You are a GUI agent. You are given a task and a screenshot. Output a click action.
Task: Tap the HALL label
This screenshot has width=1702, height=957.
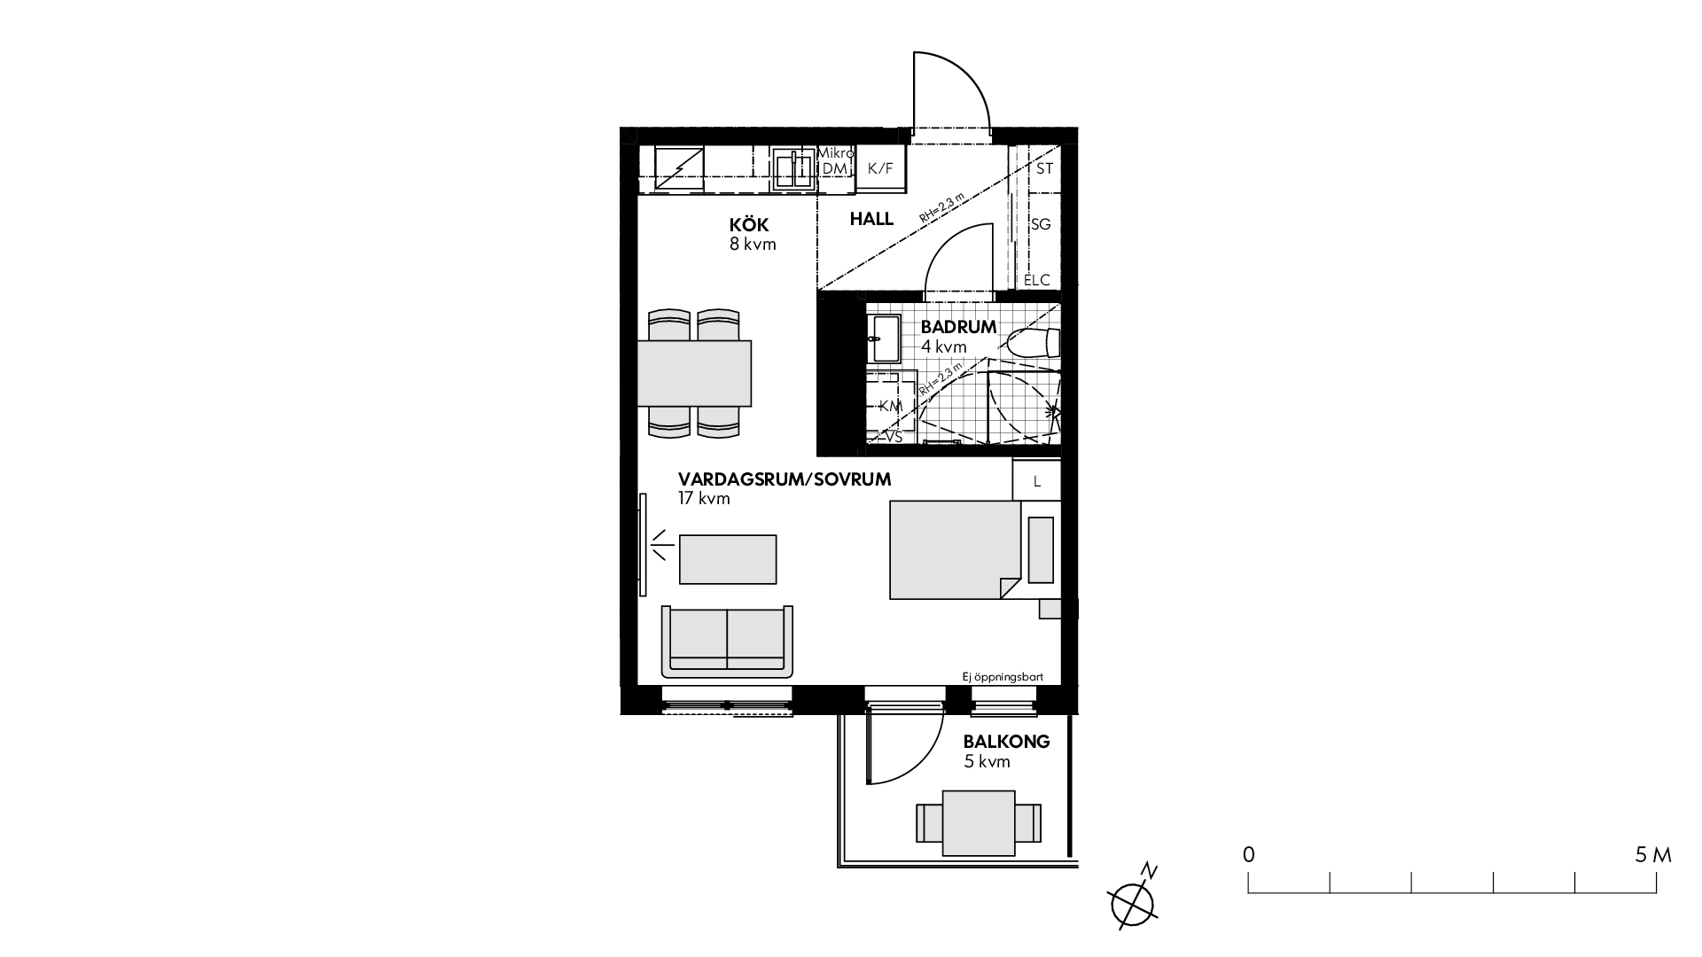pos(871,219)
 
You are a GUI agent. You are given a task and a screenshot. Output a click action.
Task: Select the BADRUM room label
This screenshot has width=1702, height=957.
pos(958,327)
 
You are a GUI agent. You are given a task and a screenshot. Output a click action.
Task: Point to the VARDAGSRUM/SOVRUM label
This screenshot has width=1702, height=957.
pos(785,479)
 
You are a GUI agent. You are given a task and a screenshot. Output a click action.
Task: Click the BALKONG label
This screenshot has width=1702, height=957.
pos(1006,742)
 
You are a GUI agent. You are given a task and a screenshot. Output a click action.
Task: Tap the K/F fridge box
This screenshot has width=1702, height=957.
pos(881,168)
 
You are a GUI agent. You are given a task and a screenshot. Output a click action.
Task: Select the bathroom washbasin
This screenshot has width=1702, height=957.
pos(883,339)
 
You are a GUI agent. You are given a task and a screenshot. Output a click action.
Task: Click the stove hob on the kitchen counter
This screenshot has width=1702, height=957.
pos(680,170)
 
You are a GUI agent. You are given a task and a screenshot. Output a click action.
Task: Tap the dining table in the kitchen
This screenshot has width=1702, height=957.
pos(694,373)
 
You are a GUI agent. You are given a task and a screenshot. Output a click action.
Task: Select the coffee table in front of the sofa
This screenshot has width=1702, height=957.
pos(728,559)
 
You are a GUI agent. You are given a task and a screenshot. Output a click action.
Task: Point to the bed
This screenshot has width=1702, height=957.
pos(956,550)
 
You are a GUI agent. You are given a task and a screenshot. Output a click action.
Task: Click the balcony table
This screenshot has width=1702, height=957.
pos(979,823)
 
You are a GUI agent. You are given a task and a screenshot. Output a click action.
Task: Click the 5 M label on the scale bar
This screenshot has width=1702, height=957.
pos(1653,855)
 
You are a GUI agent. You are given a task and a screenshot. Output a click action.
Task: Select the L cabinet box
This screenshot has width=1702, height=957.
pos(1036,480)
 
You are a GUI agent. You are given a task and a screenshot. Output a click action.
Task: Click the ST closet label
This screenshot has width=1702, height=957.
pos(1044,168)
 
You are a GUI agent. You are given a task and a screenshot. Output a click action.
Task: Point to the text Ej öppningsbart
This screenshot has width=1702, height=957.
pos(1003,677)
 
